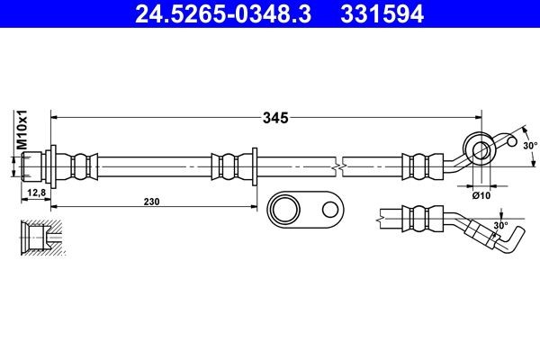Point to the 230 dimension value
point(150,202)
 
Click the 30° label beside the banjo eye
point(529,145)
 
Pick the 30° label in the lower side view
point(500,225)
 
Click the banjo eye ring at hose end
point(479,147)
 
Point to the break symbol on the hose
point(337,166)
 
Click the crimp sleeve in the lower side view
point(417,219)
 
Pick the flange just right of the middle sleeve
point(256,166)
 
